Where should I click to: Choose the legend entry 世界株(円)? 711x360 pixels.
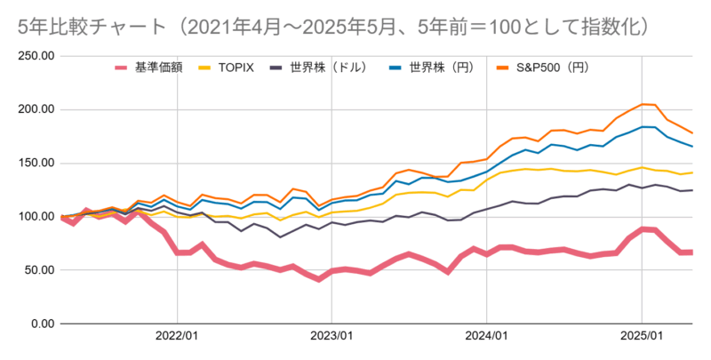433,68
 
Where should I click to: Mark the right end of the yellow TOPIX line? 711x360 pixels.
692,172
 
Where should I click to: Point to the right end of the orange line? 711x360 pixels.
692,132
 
